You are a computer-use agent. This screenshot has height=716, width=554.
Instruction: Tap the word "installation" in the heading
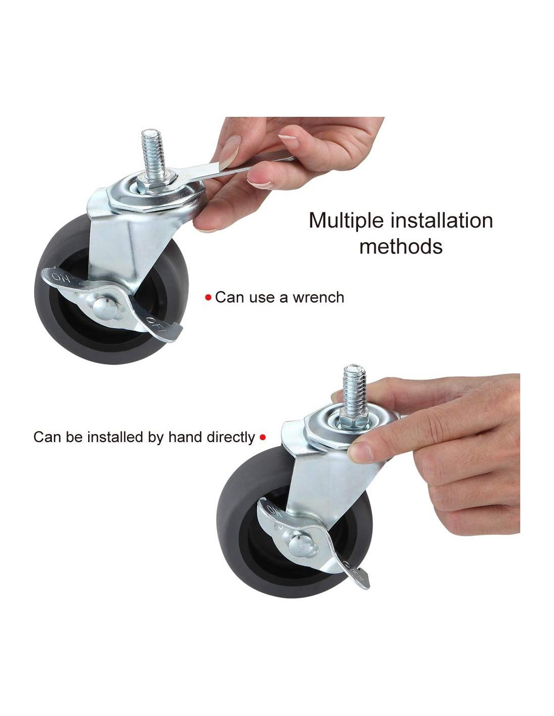(442, 220)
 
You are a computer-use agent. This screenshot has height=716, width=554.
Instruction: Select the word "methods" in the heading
(401, 246)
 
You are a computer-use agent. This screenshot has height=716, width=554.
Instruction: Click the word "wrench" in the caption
(318, 298)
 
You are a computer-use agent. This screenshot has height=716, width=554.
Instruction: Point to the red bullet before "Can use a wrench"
(208, 298)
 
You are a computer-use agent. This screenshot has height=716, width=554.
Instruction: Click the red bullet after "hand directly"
(263, 438)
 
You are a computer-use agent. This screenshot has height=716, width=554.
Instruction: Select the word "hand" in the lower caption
(181, 437)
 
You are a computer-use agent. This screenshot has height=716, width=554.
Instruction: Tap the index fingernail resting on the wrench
(229, 152)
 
